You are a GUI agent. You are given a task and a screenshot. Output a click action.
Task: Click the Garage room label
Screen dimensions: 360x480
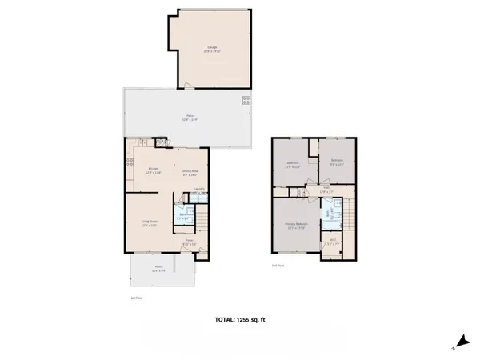212,49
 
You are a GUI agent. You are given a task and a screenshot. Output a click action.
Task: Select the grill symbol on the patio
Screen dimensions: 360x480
246,100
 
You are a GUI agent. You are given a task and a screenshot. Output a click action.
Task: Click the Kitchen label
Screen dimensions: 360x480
154,170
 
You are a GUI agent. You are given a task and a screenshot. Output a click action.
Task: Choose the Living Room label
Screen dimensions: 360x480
149,223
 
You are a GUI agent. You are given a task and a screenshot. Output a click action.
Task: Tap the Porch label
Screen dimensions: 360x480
159,270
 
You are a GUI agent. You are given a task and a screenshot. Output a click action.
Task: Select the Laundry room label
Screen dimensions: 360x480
198,190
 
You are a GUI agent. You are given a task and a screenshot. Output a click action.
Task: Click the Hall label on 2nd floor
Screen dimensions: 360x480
326,190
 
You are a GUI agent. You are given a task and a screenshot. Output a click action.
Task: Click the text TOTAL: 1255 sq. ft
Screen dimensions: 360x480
239,320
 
